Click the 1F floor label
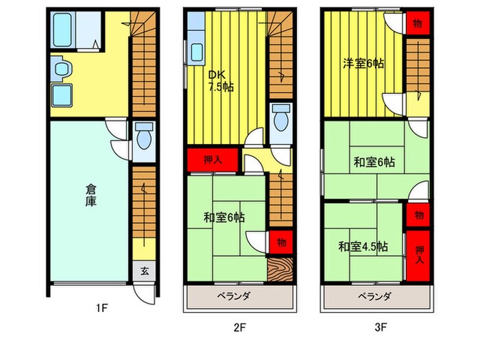(x=101, y=309)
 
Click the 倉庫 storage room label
(x=91, y=195)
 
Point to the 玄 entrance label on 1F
(x=145, y=270)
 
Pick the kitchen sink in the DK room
(x=197, y=52)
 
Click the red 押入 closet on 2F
(x=213, y=160)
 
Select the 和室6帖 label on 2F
(x=224, y=218)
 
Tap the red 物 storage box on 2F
(x=281, y=241)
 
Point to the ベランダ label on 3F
(x=374, y=296)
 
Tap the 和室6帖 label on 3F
(x=374, y=163)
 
